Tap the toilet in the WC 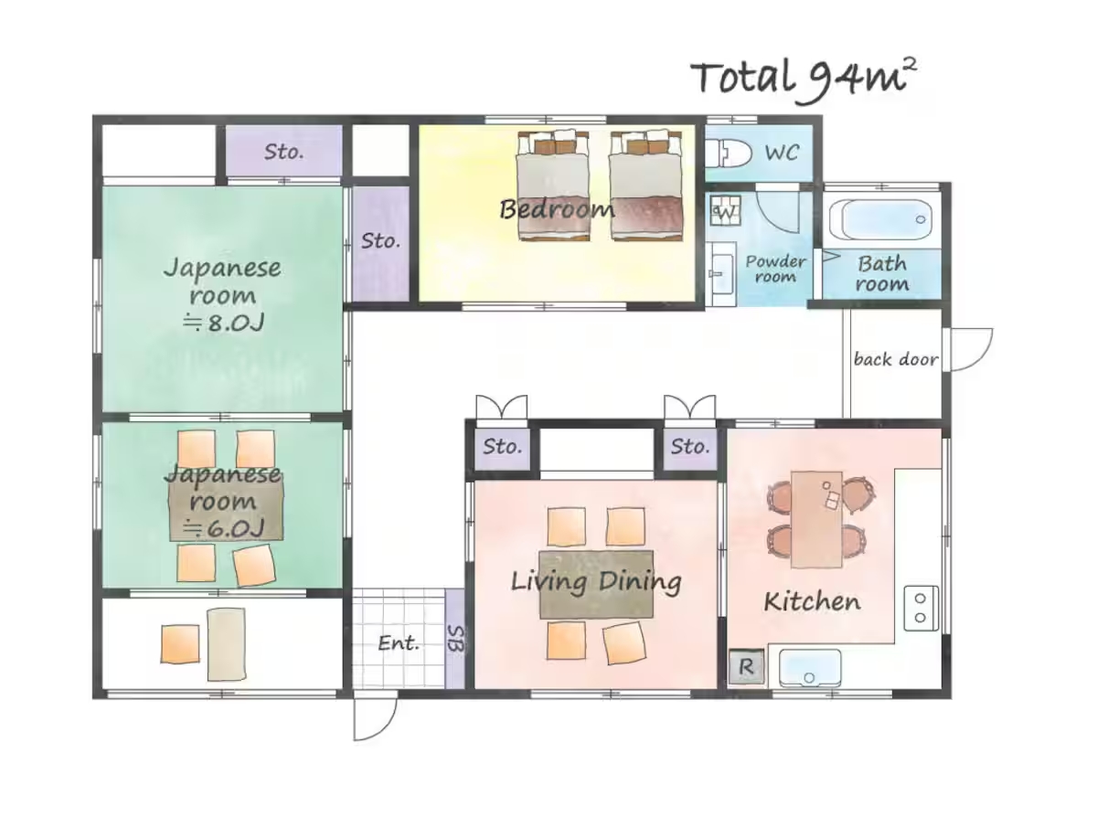point(728,153)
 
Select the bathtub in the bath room point(881,220)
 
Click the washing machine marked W point(725,211)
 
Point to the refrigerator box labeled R point(746,666)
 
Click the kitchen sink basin point(810,667)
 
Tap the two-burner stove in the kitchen point(921,608)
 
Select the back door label point(895,359)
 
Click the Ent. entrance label point(398,643)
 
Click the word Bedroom point(557,208)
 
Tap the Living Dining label point(596,582)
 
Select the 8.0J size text point(223,324)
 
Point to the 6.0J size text point(223,529)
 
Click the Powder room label point(775,269)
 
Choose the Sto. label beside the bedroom point(381,241)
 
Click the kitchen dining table point(816,519)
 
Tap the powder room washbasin point(721,274)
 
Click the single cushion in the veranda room point(180,644)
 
